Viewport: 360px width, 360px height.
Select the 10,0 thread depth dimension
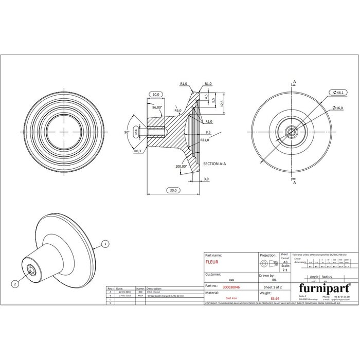[155, 95]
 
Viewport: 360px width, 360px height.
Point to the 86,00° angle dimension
[157, 107]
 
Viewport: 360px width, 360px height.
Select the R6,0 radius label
[178, 111]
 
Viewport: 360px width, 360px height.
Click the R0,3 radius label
[137, 151]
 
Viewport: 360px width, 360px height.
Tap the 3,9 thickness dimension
[206, 178]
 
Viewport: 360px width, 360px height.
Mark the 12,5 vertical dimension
[222, 103]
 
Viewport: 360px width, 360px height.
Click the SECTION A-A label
[215, 163]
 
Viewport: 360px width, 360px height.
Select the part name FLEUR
[212, 262]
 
